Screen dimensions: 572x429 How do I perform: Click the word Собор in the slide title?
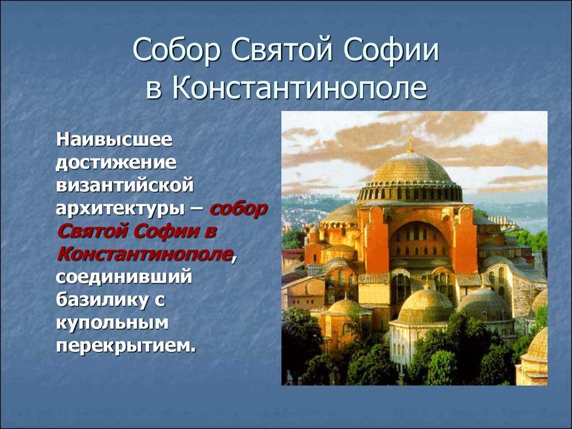(x=177, y=50)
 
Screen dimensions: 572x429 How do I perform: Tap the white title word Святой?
(x=282, y=50)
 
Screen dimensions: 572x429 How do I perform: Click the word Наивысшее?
(x=114, y=139)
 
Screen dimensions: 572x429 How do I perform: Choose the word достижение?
(x=116, y=163)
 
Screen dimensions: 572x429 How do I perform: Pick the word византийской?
(x=125, y=185)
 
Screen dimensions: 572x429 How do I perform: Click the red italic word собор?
(x=239, y=209)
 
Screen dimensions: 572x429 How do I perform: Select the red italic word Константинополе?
(x=145, y=254)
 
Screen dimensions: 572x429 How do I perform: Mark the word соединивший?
(x=124, y=277)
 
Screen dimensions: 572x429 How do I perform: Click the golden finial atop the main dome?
(x=411, y=144)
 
